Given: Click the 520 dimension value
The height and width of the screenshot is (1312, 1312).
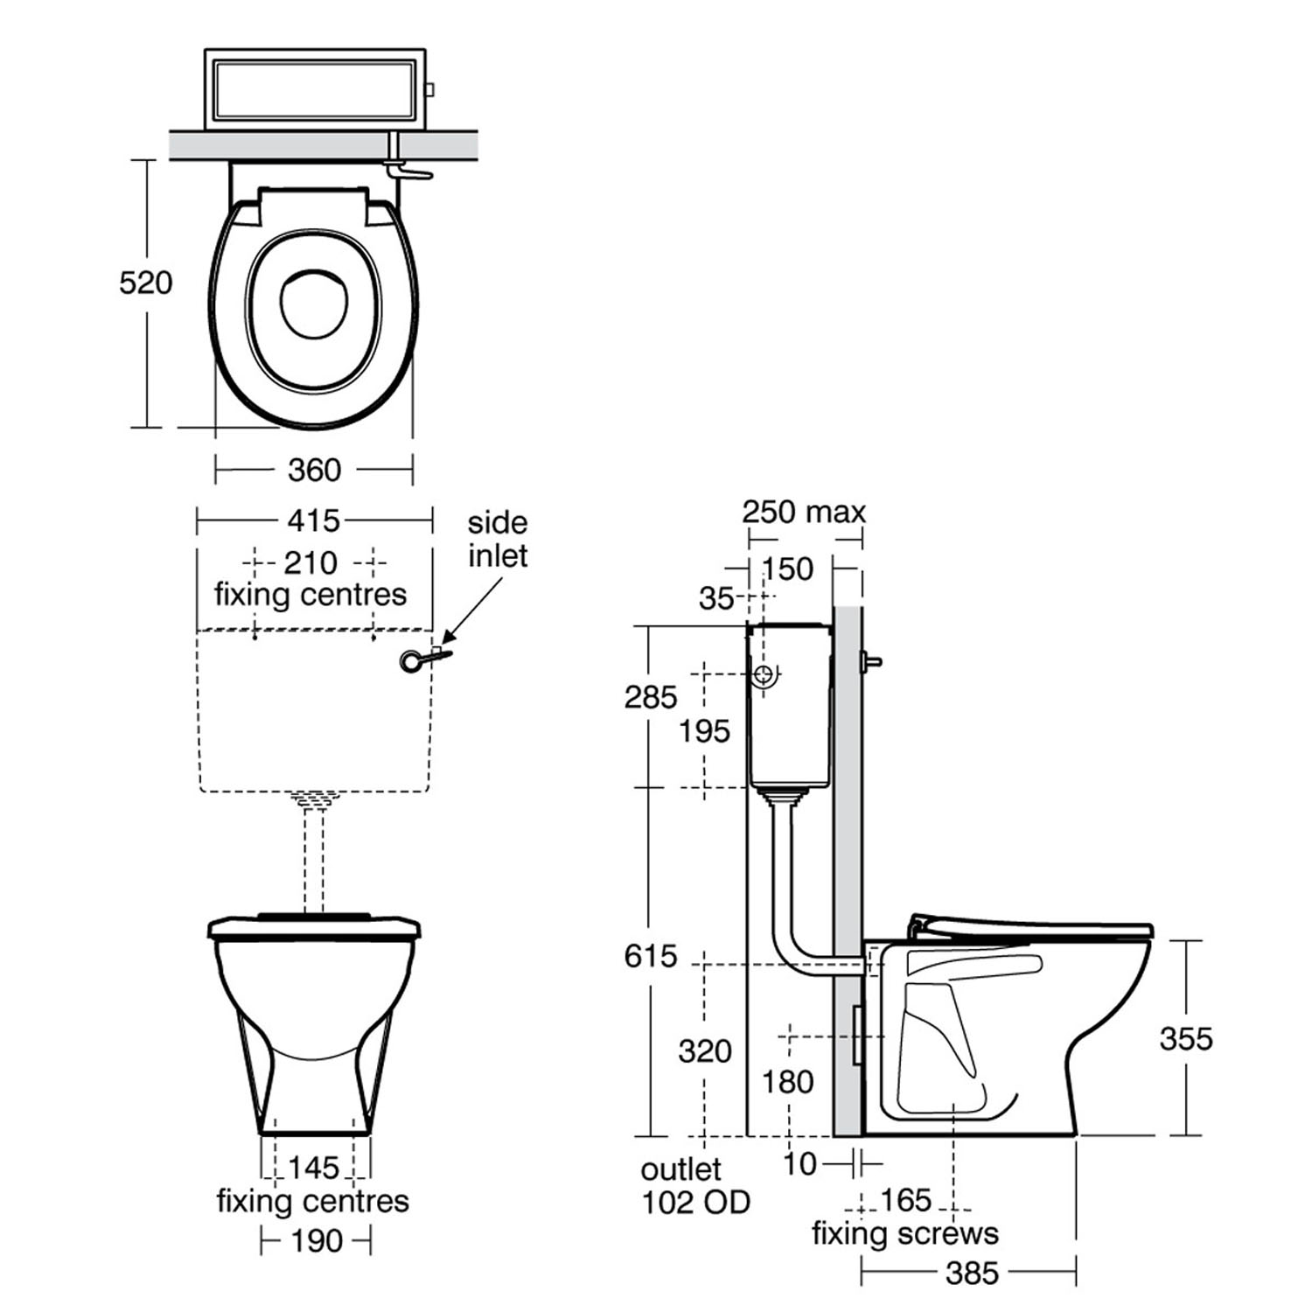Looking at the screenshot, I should [145, 283].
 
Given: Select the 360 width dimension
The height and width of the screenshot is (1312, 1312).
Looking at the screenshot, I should [314, 471].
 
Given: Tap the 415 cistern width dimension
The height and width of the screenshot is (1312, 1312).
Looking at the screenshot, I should [313, 521].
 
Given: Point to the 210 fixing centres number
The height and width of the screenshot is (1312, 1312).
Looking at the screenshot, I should [311, 562].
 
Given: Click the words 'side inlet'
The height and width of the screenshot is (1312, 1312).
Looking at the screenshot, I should [498, 540].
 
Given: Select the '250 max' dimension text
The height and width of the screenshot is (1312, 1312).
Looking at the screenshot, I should [804, 512].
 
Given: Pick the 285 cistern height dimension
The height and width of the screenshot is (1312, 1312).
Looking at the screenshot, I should [651, 697].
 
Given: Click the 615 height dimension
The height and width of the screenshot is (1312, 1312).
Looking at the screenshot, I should [651, 956].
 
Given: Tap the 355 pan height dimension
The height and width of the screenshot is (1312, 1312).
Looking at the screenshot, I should [1186, 1038].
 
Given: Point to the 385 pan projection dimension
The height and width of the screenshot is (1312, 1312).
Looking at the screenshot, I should [972, 1274].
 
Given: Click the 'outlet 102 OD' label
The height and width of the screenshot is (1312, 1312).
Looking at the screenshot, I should [695, 1186].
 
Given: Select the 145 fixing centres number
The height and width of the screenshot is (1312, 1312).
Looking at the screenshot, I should [313, 1167].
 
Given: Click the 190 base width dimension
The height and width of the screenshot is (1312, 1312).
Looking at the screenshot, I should [316, 1240].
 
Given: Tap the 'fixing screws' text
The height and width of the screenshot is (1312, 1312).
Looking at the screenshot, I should [904, 1233].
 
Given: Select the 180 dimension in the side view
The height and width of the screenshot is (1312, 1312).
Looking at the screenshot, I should [788, 1082].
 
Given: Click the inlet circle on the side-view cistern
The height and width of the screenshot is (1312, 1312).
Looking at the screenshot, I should [764, 674].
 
